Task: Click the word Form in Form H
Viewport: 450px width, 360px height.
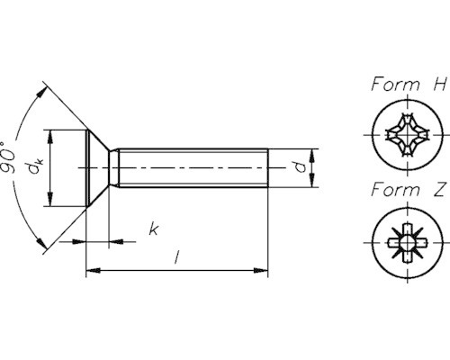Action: pos(393,85)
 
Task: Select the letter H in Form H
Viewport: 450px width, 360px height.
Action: pos(439,85)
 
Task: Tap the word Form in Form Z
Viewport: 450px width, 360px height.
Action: pos(393,190)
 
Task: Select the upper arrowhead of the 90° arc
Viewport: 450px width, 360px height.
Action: pos(41,91)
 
